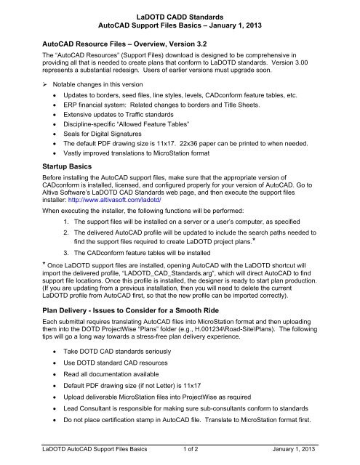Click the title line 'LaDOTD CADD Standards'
coord(180,7)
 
